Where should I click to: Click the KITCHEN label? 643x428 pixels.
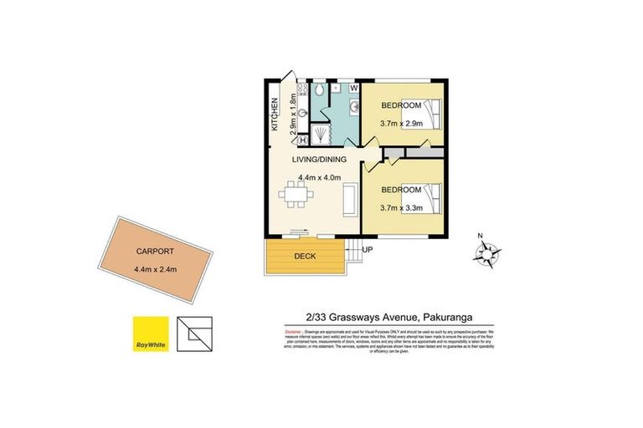click(x=275, y=115)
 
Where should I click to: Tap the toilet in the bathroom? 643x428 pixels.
click(x=319, y=89)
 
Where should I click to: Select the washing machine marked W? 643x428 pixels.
click(x=352, y=87)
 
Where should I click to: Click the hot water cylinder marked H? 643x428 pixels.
click(x=302, y=140)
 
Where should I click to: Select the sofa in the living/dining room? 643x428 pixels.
click(x=350, y=201)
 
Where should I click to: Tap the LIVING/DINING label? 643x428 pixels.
click(x=314, y=159)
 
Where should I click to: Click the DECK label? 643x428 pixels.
click(x=305, y=257)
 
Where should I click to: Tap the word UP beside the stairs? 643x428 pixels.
click(x=368, y=249)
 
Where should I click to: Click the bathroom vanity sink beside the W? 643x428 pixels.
click(x=352, y=105)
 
